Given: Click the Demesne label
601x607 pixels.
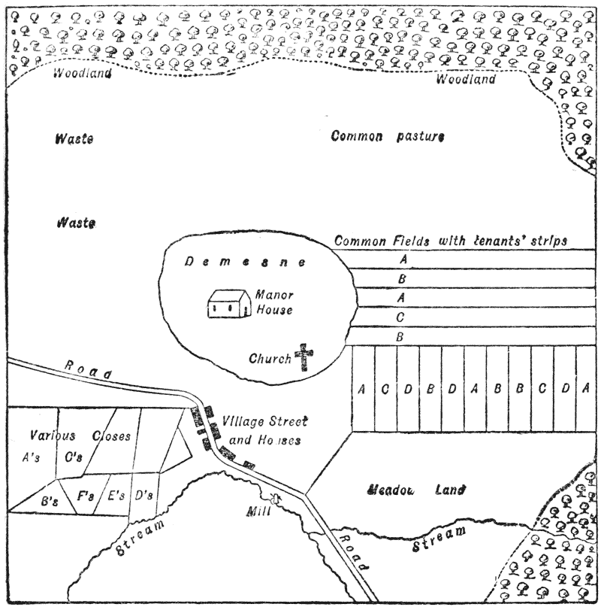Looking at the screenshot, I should (x=245, y=263).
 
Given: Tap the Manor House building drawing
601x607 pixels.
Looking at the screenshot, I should (x=228, y=305).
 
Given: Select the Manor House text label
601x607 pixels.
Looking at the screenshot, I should (x=273, y=302).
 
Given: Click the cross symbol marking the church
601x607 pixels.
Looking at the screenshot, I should (x=304, y=357).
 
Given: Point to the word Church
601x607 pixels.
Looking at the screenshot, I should (x=270, y=359).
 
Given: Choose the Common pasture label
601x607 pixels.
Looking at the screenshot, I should (x=388, y=137).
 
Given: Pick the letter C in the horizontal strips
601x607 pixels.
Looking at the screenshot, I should (x=400, y=317).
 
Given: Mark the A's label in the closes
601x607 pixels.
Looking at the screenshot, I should (x=33, y=455).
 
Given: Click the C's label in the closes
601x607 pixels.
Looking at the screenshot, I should (x=95, y=455).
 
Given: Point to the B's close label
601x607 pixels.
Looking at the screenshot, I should (x=50, y=499).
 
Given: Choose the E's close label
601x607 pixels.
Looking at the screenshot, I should (x=116, y=495).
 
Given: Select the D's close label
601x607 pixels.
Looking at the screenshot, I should (x=143, y=495).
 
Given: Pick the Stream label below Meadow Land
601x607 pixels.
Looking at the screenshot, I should (x=439, y=539).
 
